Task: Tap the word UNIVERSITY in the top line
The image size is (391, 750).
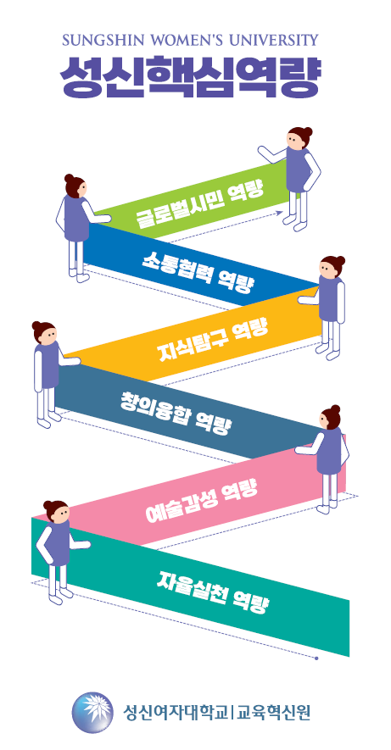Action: [277, 40]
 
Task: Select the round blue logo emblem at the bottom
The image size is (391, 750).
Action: [92, 712]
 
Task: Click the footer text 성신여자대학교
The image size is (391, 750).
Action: [176, 712]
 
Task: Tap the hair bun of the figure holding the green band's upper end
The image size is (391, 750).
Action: [307, 131]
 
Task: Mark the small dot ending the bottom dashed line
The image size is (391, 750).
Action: [316, 658]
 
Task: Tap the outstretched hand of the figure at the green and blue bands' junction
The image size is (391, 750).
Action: [105, 219]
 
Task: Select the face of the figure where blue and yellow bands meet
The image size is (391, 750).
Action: [330, 270]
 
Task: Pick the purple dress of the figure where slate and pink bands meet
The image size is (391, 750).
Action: [329, 452]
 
